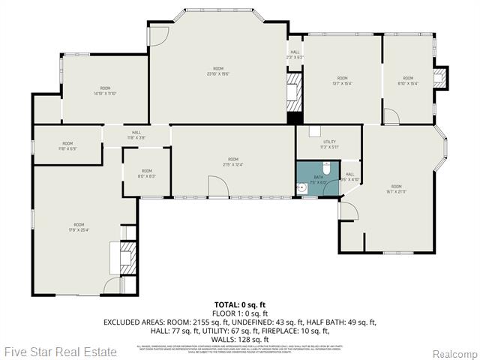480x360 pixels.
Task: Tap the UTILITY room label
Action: [329, 143]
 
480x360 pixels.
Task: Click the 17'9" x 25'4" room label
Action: [79, 227]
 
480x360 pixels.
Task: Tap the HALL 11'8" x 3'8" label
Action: [136, 135]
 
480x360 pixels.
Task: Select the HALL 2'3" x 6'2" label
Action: [294, 55]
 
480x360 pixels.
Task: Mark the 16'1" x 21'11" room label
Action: [396, 189]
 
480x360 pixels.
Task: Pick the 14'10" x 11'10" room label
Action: [105, 91]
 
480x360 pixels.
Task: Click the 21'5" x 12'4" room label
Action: [233, 162]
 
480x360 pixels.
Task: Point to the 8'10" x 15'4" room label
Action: [408, 80]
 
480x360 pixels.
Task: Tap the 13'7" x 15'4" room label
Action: [342, 80]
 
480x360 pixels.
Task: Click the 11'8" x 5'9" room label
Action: [67, 145]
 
